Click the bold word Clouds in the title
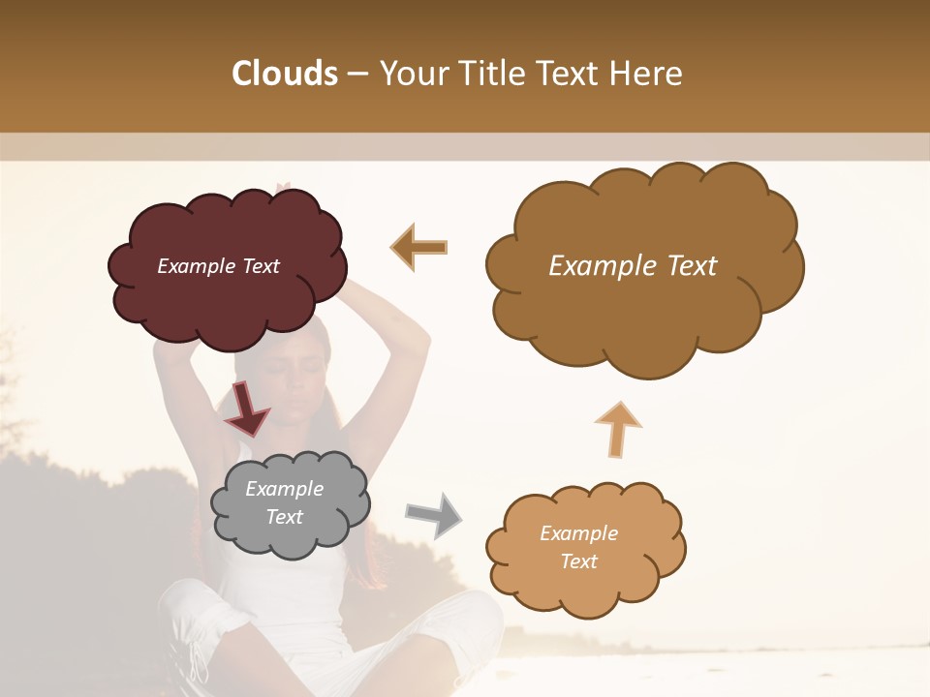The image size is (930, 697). tap(285, 74)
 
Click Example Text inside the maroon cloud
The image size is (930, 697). tap(218, 266)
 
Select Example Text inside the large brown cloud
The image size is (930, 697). tap(633, 266)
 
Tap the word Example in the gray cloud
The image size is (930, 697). tap(284, 489)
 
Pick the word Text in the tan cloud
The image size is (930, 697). tap(578, 561)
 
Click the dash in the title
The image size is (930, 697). tap(357, 74)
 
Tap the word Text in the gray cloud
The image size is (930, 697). tap(284, 517)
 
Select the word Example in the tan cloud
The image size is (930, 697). tap(578, 533)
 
